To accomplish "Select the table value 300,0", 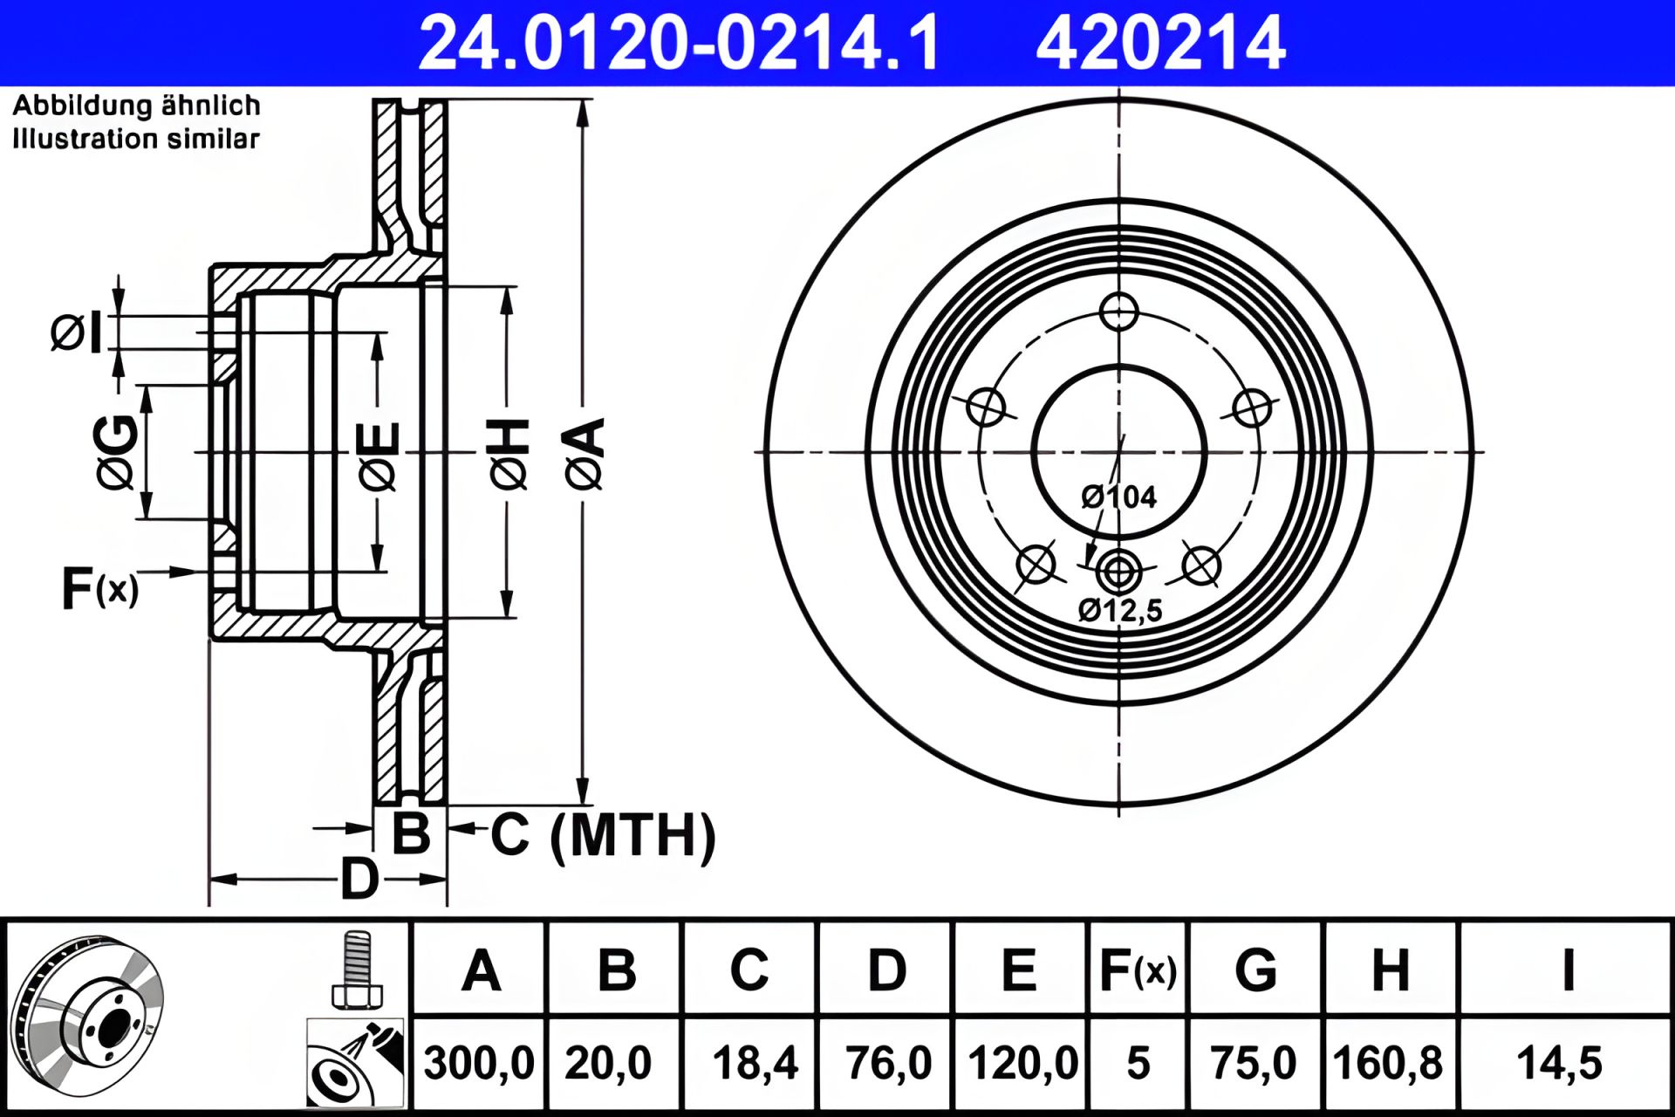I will coord(478,1063).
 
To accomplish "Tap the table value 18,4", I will coord(755,1063).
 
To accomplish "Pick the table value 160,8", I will coord(1387,1063).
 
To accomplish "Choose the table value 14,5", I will coord(1559,1063).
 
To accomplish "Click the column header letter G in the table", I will coord(1255,970).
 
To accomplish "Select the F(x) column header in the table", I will coord(1138,970).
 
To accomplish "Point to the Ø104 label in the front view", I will coord(1118,497).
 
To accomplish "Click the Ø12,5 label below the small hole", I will coord(1120,609).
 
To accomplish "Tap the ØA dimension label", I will coord(585,453).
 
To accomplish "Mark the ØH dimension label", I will coord(510,453).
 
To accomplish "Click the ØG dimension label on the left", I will coord(116,453).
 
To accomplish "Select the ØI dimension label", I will coord(77,332).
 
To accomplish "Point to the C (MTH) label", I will coord(602,835).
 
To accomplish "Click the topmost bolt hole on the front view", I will coord(1118,312).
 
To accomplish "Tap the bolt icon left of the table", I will coord(356,970).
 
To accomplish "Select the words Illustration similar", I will coord(136,139).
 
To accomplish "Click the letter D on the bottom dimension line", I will coord(359,878).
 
